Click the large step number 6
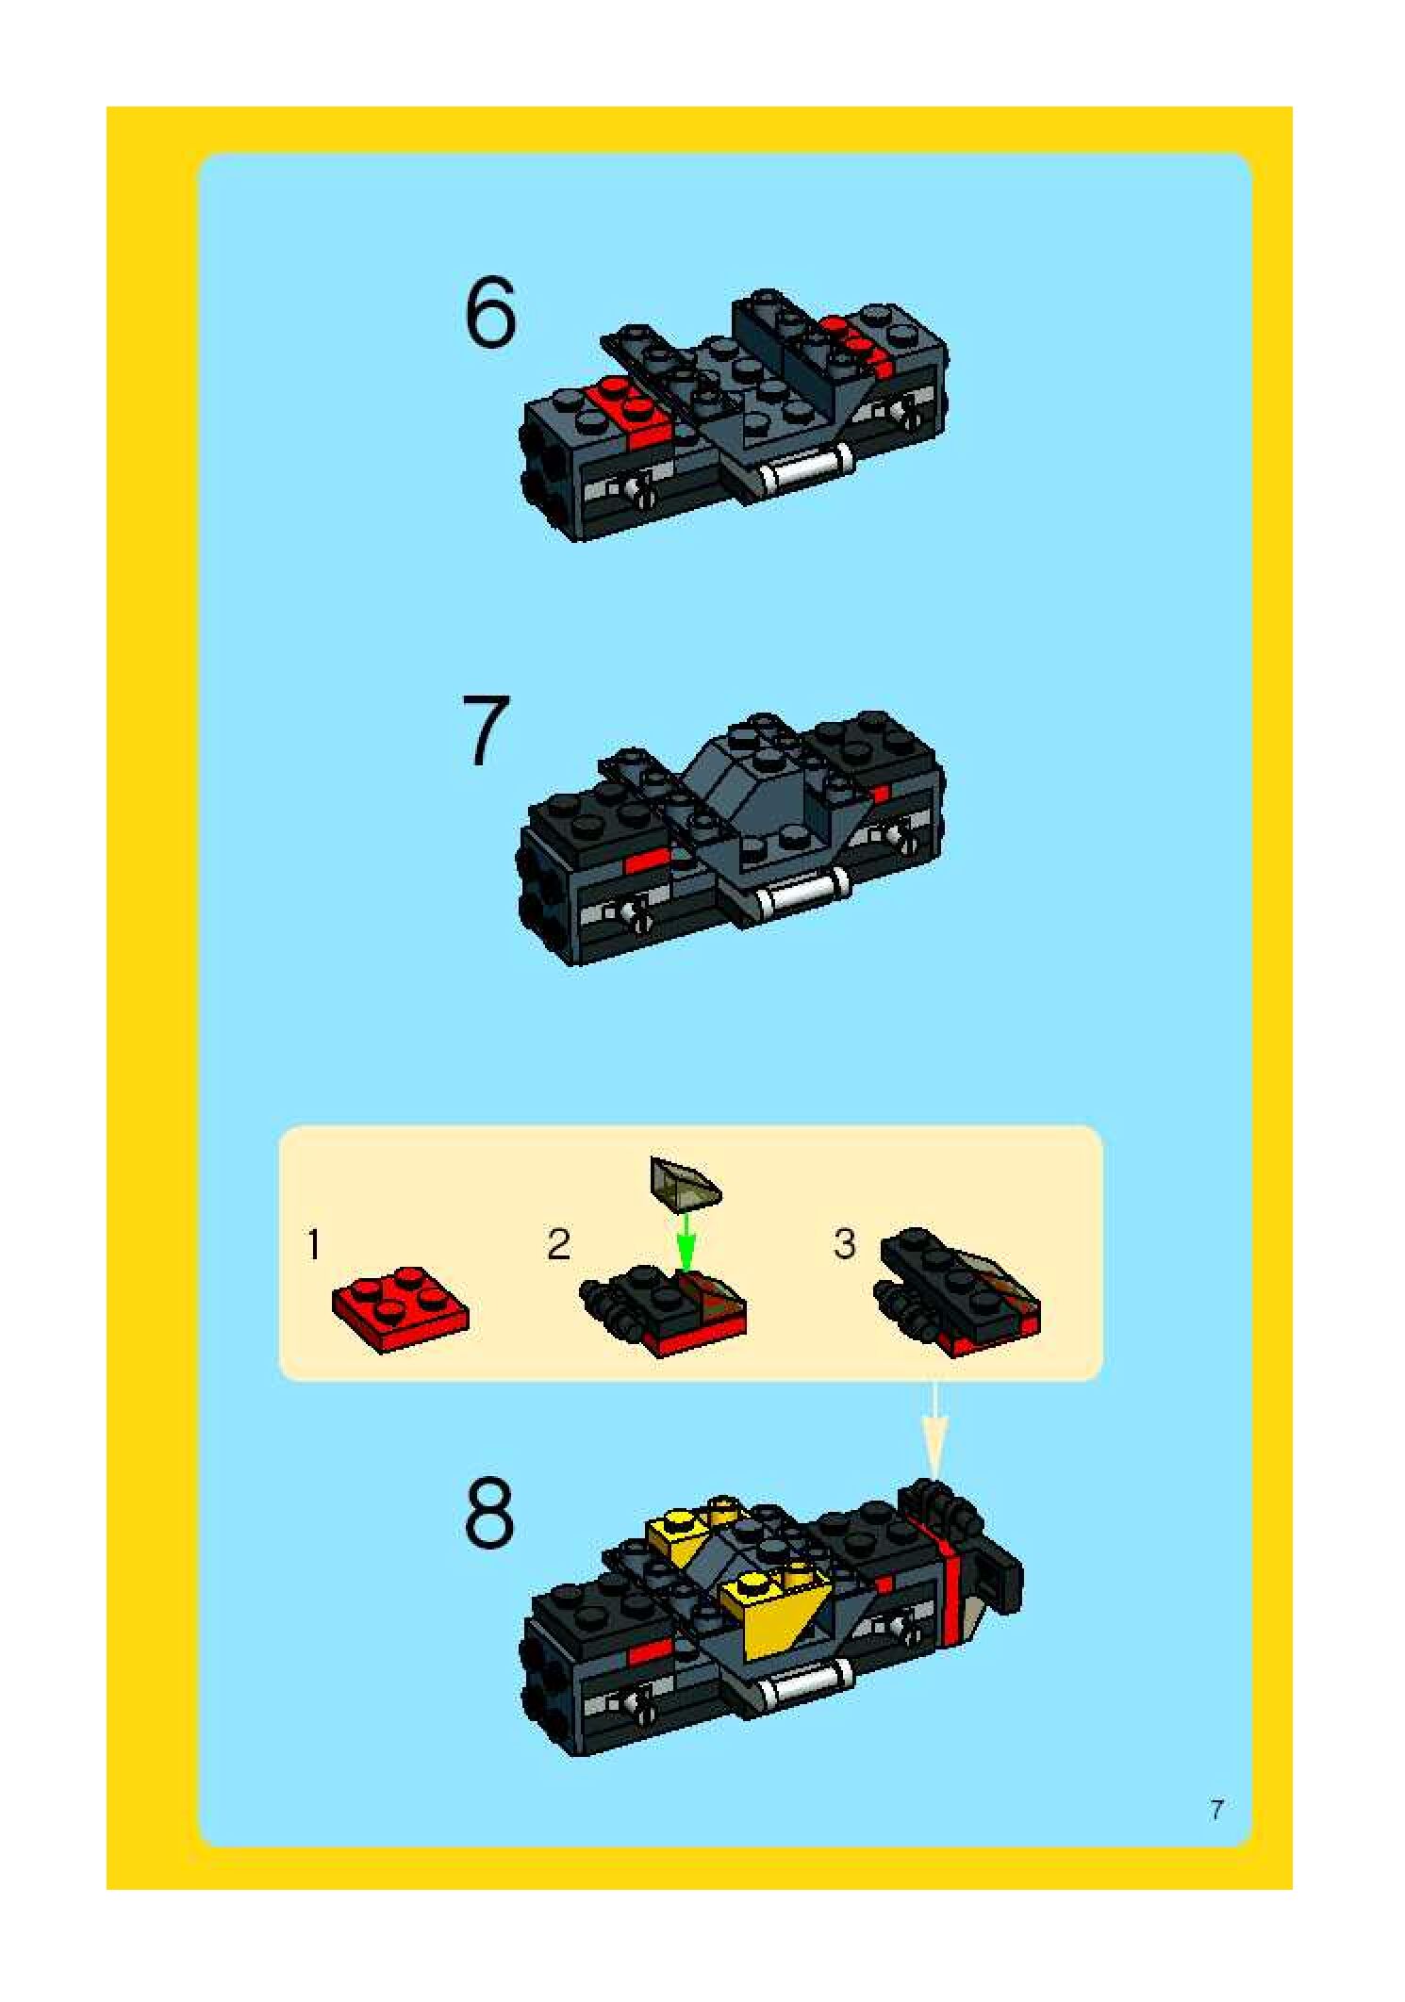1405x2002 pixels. [x=490, y=313]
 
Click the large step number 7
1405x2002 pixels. [x=487, y=730]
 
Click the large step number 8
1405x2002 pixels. [x=490, y=1515]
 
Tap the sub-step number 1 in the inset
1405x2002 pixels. [x=314, y=1245]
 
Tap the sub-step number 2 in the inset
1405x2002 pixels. [x=559, y=1245]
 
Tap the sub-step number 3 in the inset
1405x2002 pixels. [x=845, y=1244]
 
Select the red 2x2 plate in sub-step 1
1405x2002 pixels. [x=401, y=1309]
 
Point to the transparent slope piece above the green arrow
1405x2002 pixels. [x=686, y=1181]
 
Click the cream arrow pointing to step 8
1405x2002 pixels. [x=934, y=1429]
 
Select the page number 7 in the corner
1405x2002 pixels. [x=1217, y=1810]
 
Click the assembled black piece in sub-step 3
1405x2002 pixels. [x=958, y=1290]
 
